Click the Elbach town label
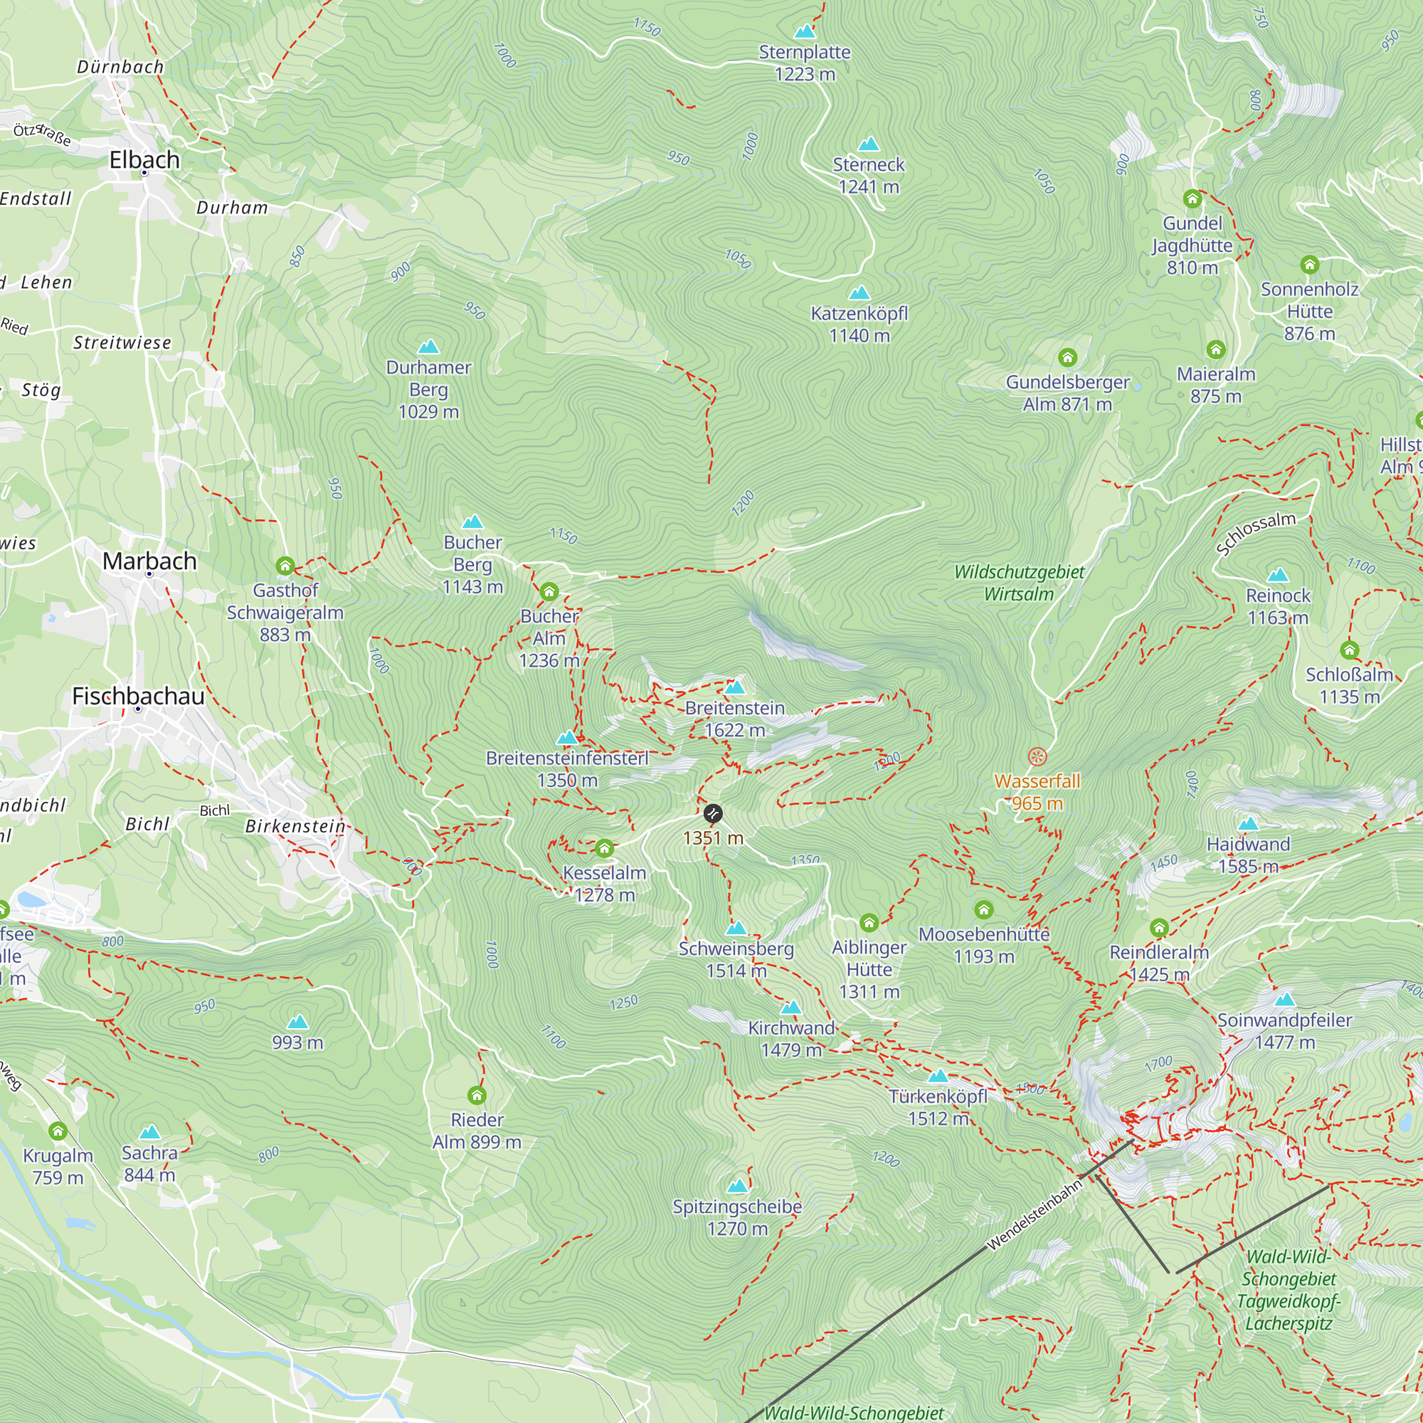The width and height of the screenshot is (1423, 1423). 144,159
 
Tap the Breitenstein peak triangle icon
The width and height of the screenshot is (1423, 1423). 735,688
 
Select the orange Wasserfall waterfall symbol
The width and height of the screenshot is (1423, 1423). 1037,756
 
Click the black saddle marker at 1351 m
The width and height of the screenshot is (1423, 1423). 713,813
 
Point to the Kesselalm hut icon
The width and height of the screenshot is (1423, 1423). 605,849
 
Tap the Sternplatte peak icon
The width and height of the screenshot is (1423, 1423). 805,32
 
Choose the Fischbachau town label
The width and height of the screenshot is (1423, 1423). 138,696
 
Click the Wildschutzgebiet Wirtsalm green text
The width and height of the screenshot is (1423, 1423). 1019,583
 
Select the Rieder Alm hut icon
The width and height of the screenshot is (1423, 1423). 477,1095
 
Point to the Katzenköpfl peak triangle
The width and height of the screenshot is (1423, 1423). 859,293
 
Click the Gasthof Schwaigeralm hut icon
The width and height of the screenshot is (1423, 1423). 285,566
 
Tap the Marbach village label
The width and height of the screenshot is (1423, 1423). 149,561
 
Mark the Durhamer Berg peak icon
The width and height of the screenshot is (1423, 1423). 428,347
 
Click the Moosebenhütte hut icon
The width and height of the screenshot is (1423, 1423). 984,909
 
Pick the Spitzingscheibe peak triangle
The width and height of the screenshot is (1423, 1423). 737,1186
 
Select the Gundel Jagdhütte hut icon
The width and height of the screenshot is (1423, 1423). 1192,199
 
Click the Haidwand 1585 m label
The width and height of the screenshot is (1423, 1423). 1249,855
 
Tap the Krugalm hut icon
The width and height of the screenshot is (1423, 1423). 58,1131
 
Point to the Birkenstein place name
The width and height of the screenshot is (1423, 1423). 295,825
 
